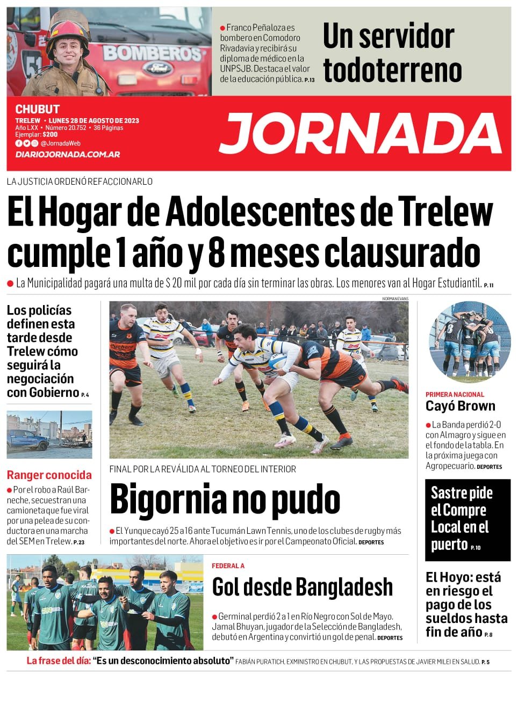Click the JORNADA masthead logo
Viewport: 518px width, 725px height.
click(361, 134)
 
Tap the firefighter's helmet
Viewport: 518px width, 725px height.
click(68, 30)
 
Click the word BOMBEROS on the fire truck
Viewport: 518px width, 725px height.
click(152, 53)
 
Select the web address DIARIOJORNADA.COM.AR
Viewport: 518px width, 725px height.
click(68, 154)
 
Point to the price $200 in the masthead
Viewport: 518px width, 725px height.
click(50, 134)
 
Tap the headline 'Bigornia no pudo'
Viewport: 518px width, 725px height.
click(225, 499)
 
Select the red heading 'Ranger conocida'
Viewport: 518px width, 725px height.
click(49, 475)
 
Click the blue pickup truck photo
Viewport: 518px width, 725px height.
click(49, 434)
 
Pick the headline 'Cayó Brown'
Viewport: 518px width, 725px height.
click(461, 406)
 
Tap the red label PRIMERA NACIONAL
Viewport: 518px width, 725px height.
click(455, 394)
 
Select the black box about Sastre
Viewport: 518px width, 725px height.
click(467, 519)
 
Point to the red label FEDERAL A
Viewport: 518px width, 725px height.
click(228, 565)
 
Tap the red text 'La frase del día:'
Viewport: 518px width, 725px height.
click(59, 661)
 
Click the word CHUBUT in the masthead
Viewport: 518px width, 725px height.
click(37, 109)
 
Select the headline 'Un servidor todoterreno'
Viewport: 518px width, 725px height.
click(392, 53)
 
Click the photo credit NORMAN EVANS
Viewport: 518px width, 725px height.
click(395, 299)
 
